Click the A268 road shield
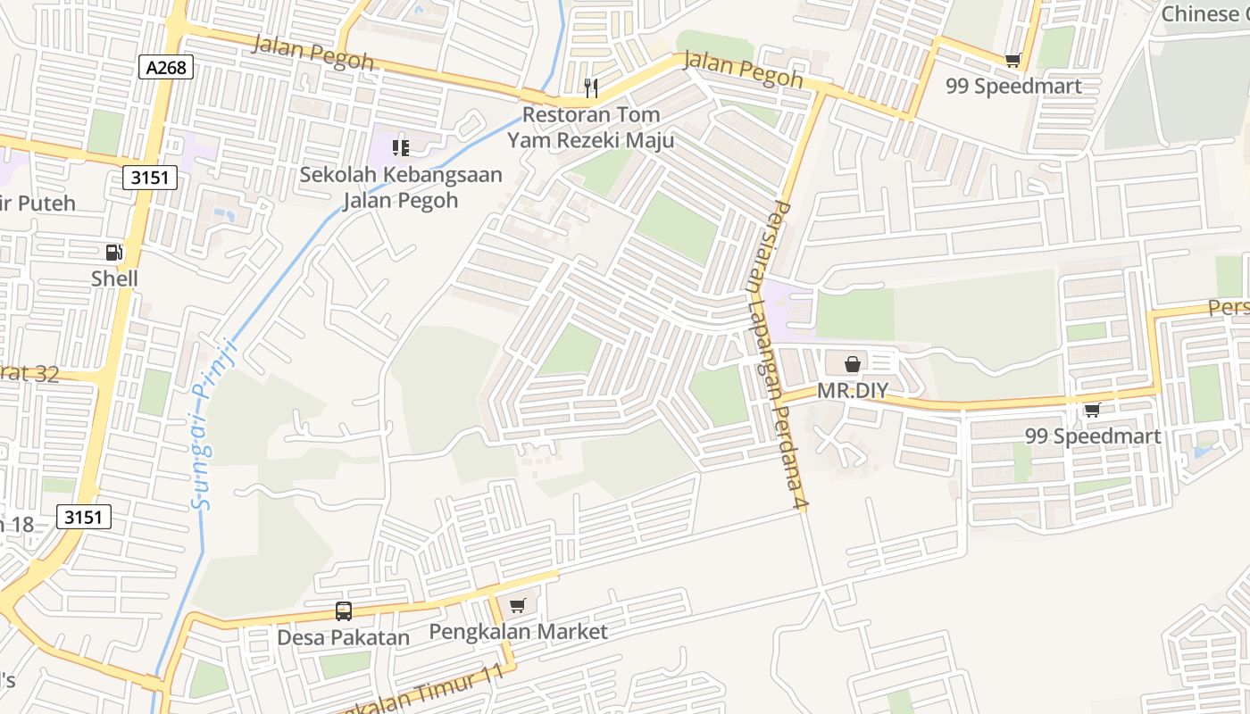tap(166, 67)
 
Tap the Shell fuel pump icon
tap(114, 253)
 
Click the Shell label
tap(114, 279)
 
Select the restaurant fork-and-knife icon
tap(590, 87)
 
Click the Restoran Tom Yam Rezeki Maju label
tap(590, 128)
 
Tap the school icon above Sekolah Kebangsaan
tap(401, 146)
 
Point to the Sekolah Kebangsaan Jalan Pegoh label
tap(401, 187)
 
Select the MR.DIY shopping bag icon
tap(853, 363)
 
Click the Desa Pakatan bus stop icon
tap(344, 611)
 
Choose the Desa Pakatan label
tap(344, 638)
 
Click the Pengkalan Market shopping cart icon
tap(517, 606)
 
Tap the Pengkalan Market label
tap(518, 632)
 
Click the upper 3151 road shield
tap(150, 178)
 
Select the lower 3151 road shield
tap(84, 516)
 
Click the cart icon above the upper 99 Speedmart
tap(1012, 60)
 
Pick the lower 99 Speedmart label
tap(1093, 436)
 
